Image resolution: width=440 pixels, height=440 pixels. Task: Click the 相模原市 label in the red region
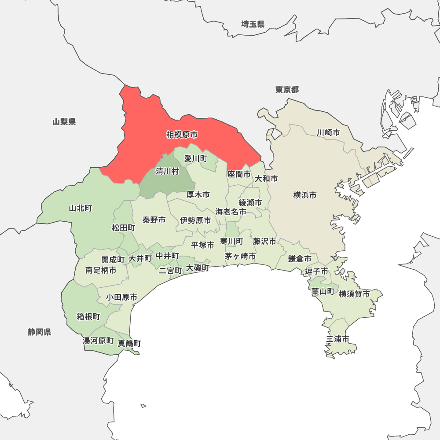(x=182, y=135)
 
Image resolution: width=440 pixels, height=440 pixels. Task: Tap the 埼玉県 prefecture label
(x=253, y=24)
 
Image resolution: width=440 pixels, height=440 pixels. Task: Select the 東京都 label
(x=287, y=90)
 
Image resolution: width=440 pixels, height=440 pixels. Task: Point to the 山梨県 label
(x=64, y=122)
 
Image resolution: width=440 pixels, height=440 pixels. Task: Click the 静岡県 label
(x=40, y=332)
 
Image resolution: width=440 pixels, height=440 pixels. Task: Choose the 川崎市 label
(x=328, y=132)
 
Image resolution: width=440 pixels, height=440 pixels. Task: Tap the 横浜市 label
(x=305, y=195)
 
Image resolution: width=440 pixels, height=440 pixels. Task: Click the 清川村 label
(x=167, y=171)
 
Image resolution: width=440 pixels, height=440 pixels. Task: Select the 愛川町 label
(x=196, y=158)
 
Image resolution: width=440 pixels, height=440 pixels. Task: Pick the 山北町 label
(x=81, y=208)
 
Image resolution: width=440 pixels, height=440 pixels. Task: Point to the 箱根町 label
(x=88, y=317)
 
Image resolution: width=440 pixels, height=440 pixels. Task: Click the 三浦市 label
(x=338, y=339)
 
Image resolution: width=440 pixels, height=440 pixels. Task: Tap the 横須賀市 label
(x=354, y=294)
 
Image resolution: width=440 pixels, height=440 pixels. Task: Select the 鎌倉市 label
(x=300, y=259)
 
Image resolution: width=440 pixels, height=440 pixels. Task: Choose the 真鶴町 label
(x=129, y=343)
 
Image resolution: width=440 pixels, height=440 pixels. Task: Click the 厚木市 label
(x=198, y=194)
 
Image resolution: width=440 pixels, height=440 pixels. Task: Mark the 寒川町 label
(x=232, y=241)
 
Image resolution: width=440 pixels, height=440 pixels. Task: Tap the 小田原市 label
(x=121, y=297)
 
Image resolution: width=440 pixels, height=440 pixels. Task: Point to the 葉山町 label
(x=323, y=291)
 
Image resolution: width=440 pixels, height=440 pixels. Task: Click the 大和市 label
(x=266, y=179)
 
